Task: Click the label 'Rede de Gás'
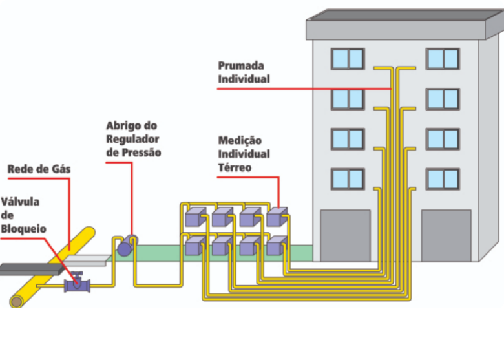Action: pyautogui.click(x=39, y=169)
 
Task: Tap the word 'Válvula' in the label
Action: pyautogui.click(x=20, y=202)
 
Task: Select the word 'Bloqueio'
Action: pyautogui.click(x=23, y=229)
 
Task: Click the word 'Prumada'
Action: pyautogui.click(x=241, y=66)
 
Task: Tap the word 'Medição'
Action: pyautogui.click(x=240, y=140)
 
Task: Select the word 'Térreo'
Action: pyautogui.click(x=235, y=167)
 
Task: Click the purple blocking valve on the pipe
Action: pyautogui.click(x=77, y=284)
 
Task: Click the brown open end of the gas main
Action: pyautogui.click(x=16, y=302)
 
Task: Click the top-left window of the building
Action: pyautogui.click(x=348, y=59)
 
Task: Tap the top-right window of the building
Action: pyautogui.click(x=443, y=59)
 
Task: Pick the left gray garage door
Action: pyautogui.click(x=345, y=236)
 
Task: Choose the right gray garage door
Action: pyautogui.click(x=446, y=236)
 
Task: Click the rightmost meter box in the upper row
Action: pyautogui.click(x=277, y=217)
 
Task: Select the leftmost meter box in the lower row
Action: pyautogui.click(x=195, y=246)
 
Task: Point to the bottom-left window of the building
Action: pyautogui.click(x=348, y=179)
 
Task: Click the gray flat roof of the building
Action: pyautogui.click(x=405, y=25)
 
